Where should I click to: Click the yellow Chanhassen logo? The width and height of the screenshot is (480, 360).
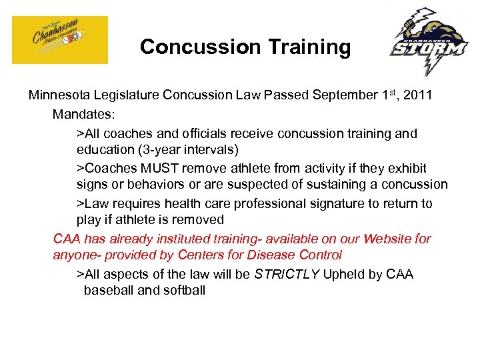pos(60,40)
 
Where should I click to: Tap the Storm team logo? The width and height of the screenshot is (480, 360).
pos(429,41)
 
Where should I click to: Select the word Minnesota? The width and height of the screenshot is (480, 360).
pos(59,95)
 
